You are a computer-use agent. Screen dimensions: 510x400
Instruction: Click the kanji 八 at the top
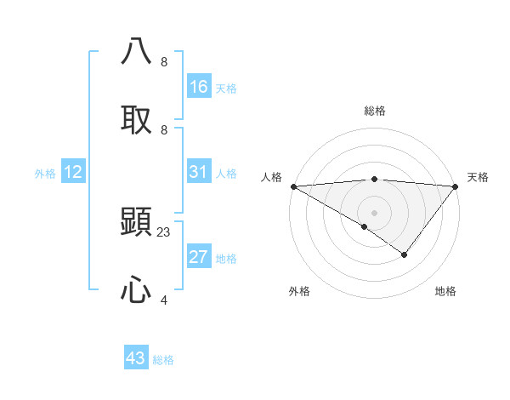pos(137,52)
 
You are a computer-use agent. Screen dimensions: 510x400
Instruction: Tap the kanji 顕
pos(137,223)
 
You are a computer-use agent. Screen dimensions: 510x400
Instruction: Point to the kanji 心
pos(137,290)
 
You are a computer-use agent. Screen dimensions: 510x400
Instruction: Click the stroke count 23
pos(164,231)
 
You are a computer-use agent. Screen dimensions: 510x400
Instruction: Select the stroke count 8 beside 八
pos(164,61)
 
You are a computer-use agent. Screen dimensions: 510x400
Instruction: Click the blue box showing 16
pos(199,87)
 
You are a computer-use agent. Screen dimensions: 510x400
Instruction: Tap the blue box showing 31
pos(199,172)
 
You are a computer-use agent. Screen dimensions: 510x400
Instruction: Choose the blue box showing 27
pos(199,257)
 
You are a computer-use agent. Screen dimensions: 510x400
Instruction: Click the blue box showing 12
pos(73,172)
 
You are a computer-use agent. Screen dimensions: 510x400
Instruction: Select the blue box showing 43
pos(136,358)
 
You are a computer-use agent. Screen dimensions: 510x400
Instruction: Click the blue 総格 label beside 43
pos(163,360)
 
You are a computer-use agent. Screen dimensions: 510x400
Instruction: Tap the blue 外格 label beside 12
pos(45,174)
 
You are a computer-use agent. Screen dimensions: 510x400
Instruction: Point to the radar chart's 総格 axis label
pos(374,111)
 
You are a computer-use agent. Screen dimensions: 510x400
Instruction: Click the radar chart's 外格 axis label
pos(299,291)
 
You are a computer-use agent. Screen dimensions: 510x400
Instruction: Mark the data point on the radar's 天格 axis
pos(456,186)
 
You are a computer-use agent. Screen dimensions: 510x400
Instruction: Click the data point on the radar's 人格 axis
pos(292,186)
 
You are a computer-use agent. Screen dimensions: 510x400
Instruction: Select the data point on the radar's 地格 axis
pos(405,254)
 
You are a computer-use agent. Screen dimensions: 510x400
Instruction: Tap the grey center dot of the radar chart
pos(374,212)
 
